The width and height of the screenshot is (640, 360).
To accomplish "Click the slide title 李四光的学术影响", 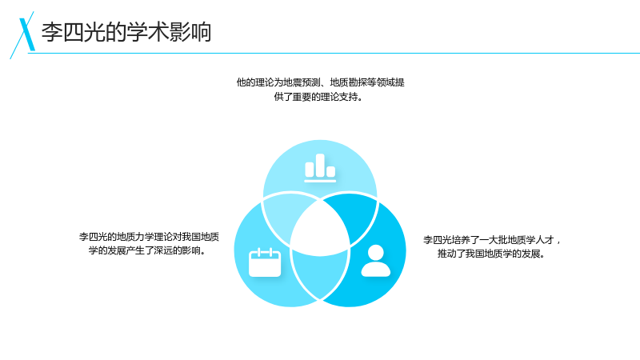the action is [126, 32].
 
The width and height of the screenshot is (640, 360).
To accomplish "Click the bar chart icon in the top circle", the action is [320, 168].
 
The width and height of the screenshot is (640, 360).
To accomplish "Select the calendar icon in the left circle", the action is [265, 262].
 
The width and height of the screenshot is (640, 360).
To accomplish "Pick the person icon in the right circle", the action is [375, 261].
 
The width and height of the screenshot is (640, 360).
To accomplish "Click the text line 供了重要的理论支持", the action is [318, 97].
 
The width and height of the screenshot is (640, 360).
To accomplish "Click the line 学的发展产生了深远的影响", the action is [147, 250].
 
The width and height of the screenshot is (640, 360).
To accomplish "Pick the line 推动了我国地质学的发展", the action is [491, 254].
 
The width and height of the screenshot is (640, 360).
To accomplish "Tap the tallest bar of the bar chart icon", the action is [321, 166].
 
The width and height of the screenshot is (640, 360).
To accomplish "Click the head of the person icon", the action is [375, 253].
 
